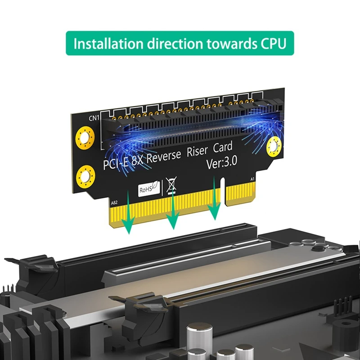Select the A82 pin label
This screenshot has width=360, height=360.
coord(114,203)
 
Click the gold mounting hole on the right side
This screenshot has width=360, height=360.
coord(274,145)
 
